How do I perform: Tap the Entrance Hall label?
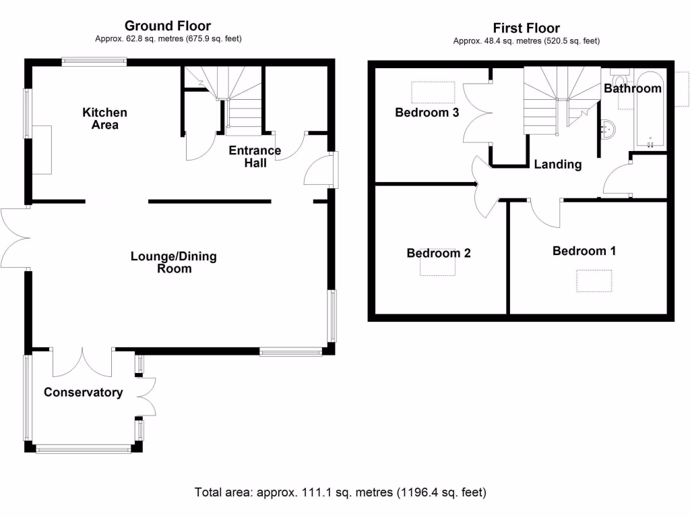tap(255, 156)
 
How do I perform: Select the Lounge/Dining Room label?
tap(174, 262)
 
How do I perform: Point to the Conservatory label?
tap(84, 393)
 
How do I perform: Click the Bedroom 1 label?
tap(584, 251)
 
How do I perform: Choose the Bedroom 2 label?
tap(438, 253)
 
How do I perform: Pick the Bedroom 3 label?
tap(427, 113)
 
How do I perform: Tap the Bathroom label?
tap(632, 88)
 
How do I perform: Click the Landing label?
tap(558, 164)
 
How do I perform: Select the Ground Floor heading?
tap(168, 27)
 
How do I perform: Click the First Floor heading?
tap(526, 28)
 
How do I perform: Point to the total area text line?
tap(340, 492)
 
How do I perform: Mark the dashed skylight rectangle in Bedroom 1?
tap(594, 281)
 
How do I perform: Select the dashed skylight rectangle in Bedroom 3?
tap(432, 92)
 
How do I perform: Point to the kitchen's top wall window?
tap(94, 61)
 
